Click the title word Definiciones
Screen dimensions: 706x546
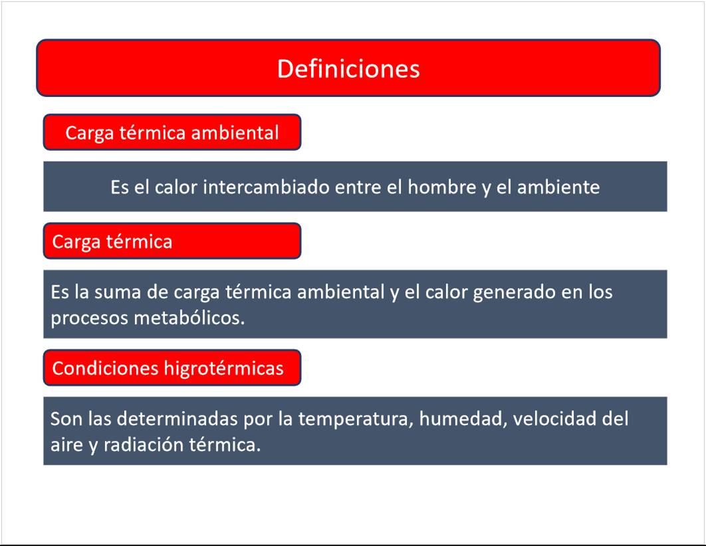pos(348,69)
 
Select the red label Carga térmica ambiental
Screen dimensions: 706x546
pos(172,132)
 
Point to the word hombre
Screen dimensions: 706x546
pos(441,187)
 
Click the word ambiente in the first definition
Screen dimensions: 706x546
pos(558,187)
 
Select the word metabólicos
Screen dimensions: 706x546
pos(189,318)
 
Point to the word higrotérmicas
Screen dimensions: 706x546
pos(224,369)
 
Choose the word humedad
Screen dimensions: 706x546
pos(463,419)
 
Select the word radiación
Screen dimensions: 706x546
pos(144,445)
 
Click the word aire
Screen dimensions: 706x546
pos(66,445)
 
